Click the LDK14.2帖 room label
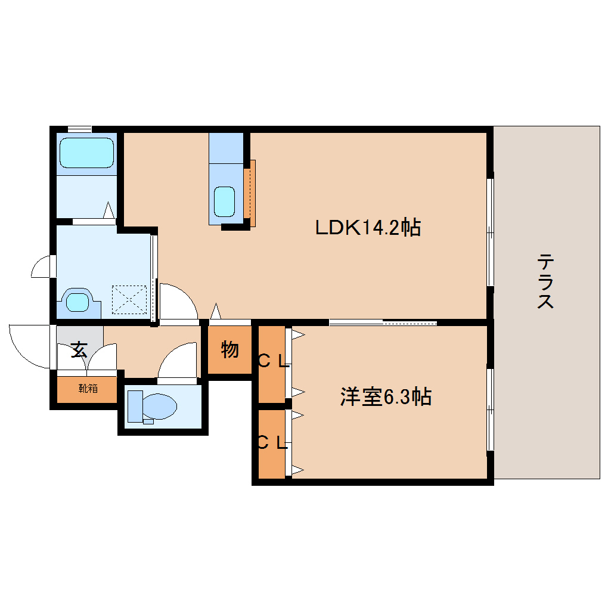tap(368, 227)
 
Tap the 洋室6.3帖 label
tap(386, 396)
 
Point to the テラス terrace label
tap(545, 281)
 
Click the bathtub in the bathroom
tap(86, 153)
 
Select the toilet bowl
tap(159, 407)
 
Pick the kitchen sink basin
tap(225, 201)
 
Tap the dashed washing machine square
tap(129, 299)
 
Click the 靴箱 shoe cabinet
tap(87, 389)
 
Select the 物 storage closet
tap(229, 350)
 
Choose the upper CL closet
tap(272, 364)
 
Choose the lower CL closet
tap(272, 444)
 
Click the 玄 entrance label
tap(79, 350)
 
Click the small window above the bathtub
tap(79, 129)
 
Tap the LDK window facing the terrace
tap(490, 232)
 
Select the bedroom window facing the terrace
tap(490, 410)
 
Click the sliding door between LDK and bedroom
tap(383, 322)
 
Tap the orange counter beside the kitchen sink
tap(250, 193)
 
